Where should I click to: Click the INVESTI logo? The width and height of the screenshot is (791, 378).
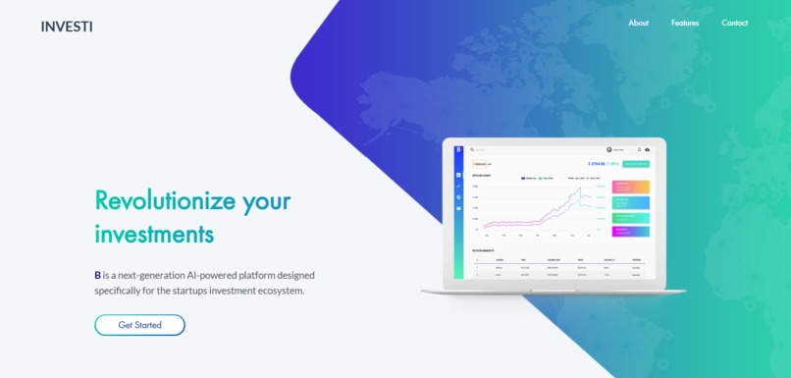(x=67, y=27)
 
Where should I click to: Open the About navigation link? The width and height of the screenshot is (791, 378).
(x=638, y=23)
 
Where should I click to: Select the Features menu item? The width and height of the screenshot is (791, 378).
(x=685, y=23)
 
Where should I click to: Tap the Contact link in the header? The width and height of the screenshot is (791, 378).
(x=734, y=23)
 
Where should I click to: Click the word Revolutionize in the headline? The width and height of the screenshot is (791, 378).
(x=165, y=200)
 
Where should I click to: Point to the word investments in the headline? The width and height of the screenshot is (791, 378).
(x=154, y=235)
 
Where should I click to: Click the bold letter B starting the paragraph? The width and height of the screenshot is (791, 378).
(x=98, y=275)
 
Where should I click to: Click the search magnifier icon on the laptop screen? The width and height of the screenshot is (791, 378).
(x=472, y=150)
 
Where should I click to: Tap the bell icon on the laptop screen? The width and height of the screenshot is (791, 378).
(x=638, y=149)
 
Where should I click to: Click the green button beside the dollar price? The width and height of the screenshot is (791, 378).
(x=636, y=163)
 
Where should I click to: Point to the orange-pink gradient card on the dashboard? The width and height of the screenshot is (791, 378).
(x=631, y=187)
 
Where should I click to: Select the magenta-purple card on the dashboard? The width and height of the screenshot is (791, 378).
(x=631, y=232)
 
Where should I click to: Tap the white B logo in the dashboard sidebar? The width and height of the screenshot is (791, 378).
(x=458, y=150)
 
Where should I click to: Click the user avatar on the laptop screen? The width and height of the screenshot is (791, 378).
(x=608, y=149)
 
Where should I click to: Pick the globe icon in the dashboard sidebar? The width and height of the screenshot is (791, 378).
(x=458, y=197)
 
